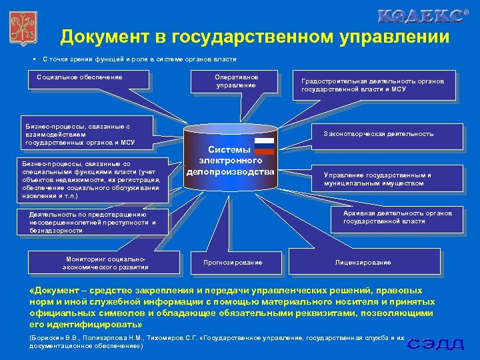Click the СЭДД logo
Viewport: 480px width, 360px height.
pyautogui.click(x=436, y=344)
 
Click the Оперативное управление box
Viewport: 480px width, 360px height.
pyautogui.click(x=235, y=81)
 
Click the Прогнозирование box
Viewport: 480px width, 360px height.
pyautogui.click(x=233, y=262)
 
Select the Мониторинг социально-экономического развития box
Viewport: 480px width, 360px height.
pyautogui.click(x=107, y=263)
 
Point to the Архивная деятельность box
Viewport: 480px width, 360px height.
pyautogui.click(x=397, y=217)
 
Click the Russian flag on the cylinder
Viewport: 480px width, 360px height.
pyautogui.click(x=264, y=143)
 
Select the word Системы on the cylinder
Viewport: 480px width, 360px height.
pyautogui.click(x=230, y=150)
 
